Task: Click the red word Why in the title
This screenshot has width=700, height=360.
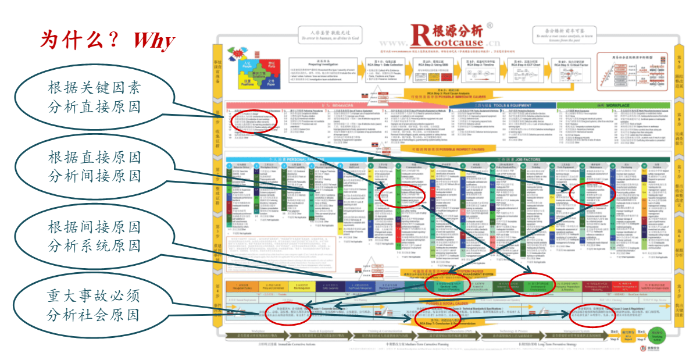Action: click(x=153, y=40)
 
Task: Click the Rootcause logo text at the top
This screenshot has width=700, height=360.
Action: click(x=447, y=36)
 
